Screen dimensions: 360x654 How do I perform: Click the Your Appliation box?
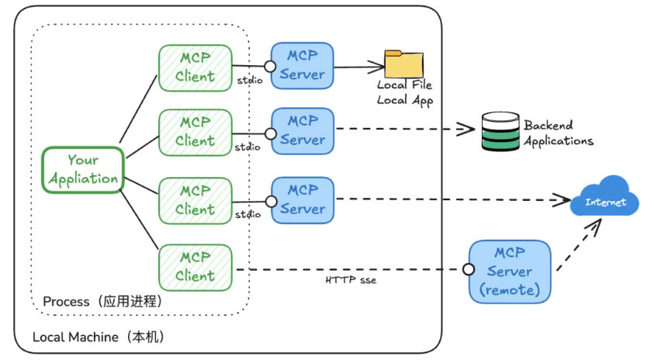click(83, 170)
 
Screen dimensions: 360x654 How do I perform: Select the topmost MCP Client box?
click(196, 67)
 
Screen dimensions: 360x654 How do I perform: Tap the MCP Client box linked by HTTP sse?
click(196, 268)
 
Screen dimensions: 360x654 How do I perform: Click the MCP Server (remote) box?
click(510, 272)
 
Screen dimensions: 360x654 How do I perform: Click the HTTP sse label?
click(351, 279)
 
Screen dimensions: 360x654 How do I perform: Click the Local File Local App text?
click(404, 92)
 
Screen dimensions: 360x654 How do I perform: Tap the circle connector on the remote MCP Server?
click(468, 270)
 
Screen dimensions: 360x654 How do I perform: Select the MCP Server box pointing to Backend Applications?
click(302, 130)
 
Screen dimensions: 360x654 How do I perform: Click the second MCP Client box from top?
click(196, 133)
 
